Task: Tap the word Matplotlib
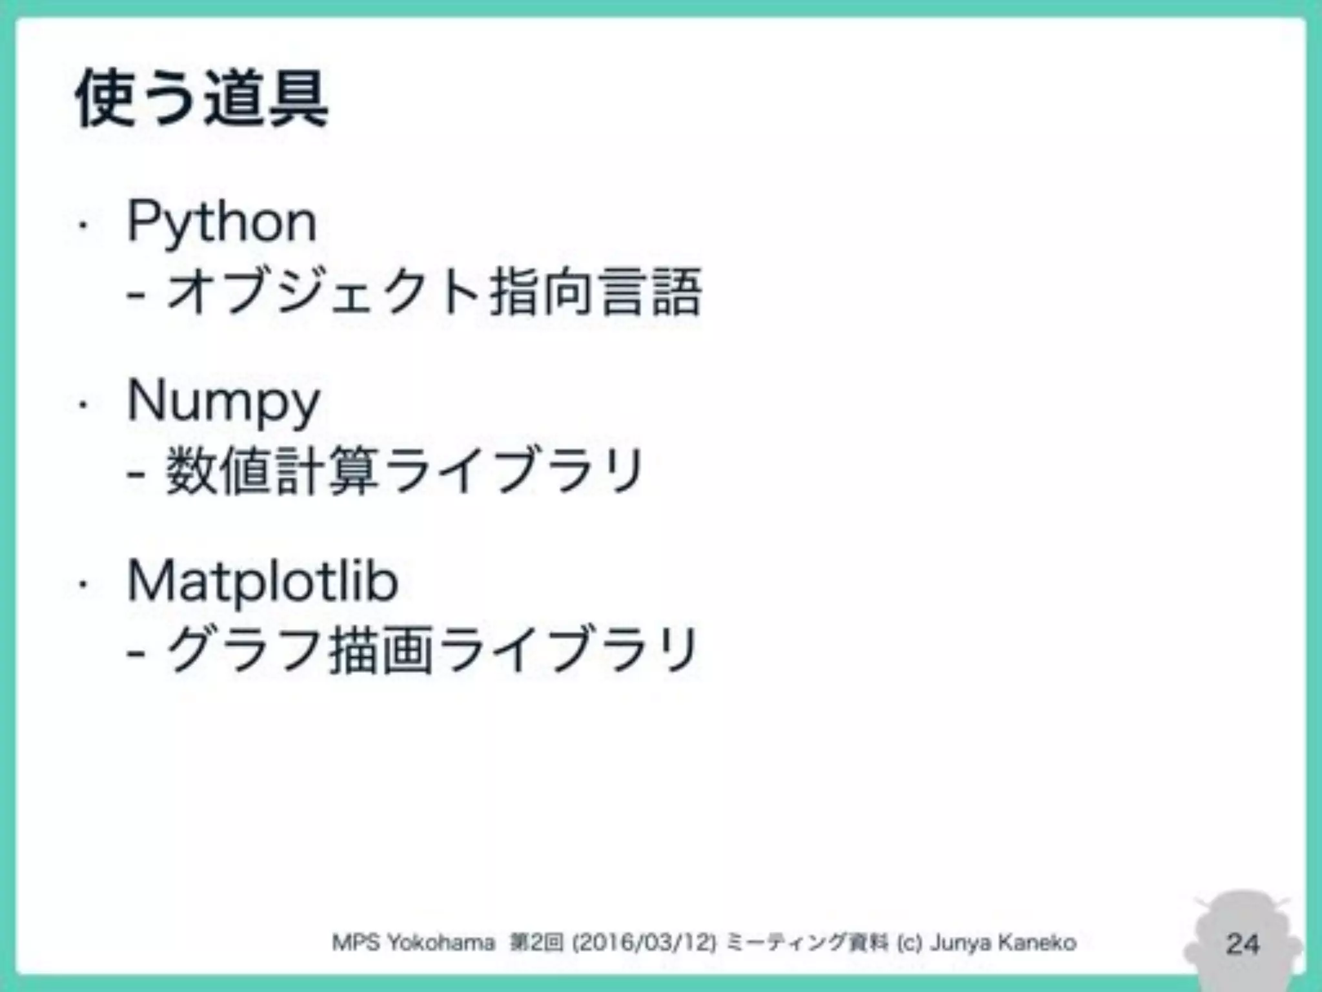263,582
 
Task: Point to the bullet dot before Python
82,226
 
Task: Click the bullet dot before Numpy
82,406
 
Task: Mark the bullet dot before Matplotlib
82,585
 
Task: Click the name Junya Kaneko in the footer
1002,943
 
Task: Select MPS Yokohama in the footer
413,943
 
